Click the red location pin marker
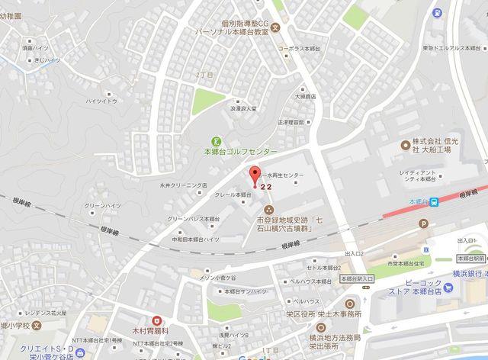255,173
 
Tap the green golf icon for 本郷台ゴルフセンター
216,140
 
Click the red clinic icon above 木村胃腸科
156,321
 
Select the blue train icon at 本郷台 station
433,201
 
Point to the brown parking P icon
424,223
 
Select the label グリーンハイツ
99,204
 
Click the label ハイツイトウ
101,100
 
